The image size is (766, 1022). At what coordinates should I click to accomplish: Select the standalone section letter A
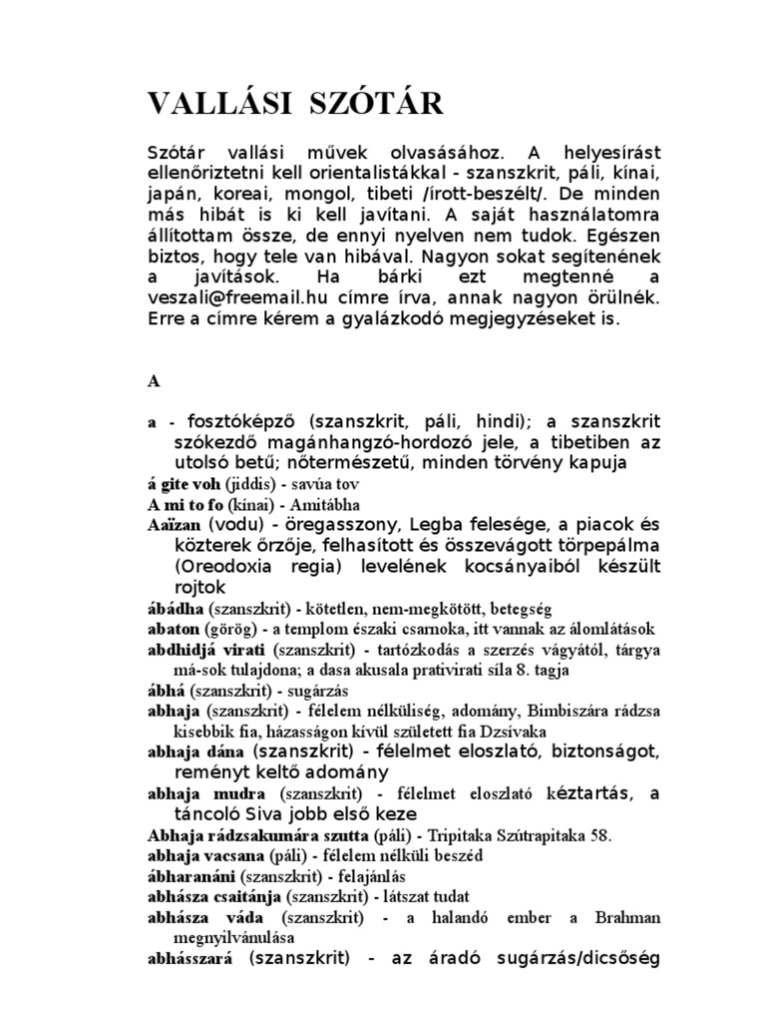(154, 381)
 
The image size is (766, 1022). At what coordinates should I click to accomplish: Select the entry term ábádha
(176, 608)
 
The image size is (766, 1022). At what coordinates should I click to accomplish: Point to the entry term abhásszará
(190, 960)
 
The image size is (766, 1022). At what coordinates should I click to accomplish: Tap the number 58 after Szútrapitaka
(618, 834)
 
